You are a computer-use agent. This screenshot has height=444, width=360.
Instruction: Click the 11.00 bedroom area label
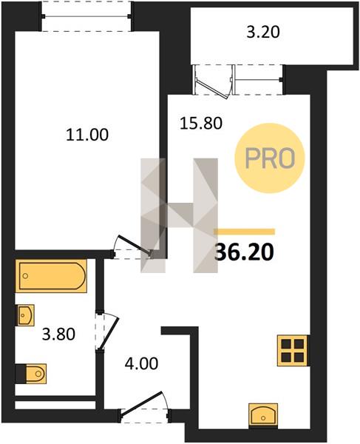tap(87, 135)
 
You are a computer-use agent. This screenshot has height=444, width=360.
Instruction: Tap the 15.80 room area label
tap(201, 124)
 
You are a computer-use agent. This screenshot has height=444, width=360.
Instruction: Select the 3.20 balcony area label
tap(263, 32)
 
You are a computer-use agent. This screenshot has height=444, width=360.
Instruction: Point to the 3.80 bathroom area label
tap(58, 334)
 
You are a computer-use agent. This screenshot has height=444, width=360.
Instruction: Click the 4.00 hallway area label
tap(141, 363)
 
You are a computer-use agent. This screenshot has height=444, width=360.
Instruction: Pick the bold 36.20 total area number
tap(245, 252)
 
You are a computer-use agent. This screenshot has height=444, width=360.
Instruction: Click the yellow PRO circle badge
tap(270, 158)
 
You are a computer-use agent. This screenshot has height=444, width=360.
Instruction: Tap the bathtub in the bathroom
tap(51, 276)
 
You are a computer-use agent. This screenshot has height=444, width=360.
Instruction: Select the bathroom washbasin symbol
tap(26, 315)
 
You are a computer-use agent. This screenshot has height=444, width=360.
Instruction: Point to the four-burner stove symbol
tap(293, 350)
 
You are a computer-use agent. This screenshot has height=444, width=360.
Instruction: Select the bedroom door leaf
tap(135, 244)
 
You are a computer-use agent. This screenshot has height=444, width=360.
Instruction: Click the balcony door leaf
tap(212, 89)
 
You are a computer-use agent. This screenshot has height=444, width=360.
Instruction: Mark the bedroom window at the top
tap(86, 16)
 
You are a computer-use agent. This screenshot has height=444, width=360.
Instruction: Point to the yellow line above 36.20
tap(245, 232)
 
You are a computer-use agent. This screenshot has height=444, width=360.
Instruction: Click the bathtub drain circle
tap(25, 276)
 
